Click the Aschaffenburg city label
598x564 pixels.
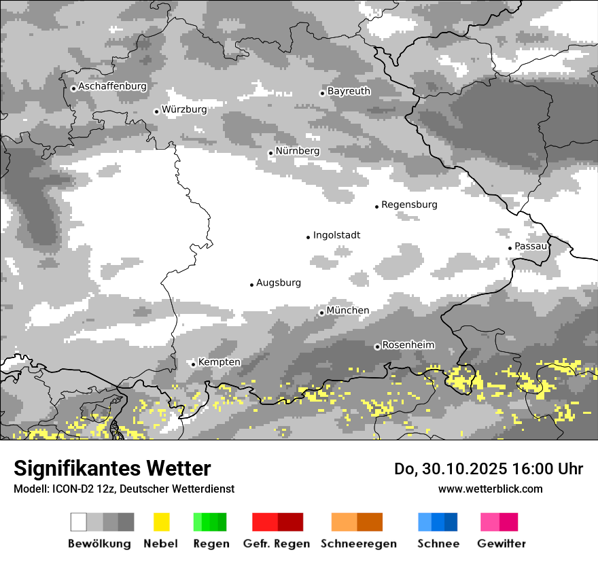112,86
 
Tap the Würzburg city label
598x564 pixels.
184,109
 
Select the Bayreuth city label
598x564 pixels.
349,90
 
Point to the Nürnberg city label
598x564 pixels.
297,151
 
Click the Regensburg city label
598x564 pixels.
409,205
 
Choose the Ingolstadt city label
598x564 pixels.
336,235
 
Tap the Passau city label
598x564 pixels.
531,246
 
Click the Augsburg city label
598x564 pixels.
279,283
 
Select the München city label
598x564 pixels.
348,311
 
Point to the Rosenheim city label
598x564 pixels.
408,345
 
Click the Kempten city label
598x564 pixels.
219,362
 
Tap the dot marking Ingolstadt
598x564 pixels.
308,237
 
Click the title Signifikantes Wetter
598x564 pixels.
112,468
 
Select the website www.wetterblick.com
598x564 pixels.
490,489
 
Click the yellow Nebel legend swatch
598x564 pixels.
161,522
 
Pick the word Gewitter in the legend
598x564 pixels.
502,544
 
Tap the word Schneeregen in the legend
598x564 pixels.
359,544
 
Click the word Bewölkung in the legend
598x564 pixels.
99,544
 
